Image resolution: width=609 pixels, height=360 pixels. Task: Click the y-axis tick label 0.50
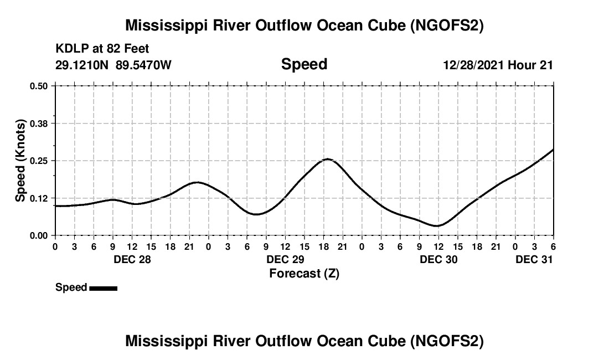38,86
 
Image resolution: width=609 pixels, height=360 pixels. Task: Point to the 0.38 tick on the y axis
38,123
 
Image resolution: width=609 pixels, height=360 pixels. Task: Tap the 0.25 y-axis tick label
38,161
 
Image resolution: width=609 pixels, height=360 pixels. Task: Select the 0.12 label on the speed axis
38,198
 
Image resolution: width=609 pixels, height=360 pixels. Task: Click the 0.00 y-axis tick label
38,235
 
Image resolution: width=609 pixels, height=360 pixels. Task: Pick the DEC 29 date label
285,259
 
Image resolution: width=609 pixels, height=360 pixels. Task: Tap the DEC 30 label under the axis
438,259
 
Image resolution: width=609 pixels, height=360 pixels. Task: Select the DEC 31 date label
534,259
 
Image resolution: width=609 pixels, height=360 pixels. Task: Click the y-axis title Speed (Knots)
20,161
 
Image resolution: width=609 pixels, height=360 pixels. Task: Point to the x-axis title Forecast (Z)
304,273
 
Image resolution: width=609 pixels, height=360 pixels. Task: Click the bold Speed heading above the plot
304,64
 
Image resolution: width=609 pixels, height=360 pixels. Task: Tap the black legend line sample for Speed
103,288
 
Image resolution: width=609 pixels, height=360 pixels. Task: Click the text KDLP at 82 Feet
102,49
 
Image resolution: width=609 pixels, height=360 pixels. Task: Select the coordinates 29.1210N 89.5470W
113,65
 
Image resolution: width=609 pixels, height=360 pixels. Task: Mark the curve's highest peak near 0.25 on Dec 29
327,159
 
